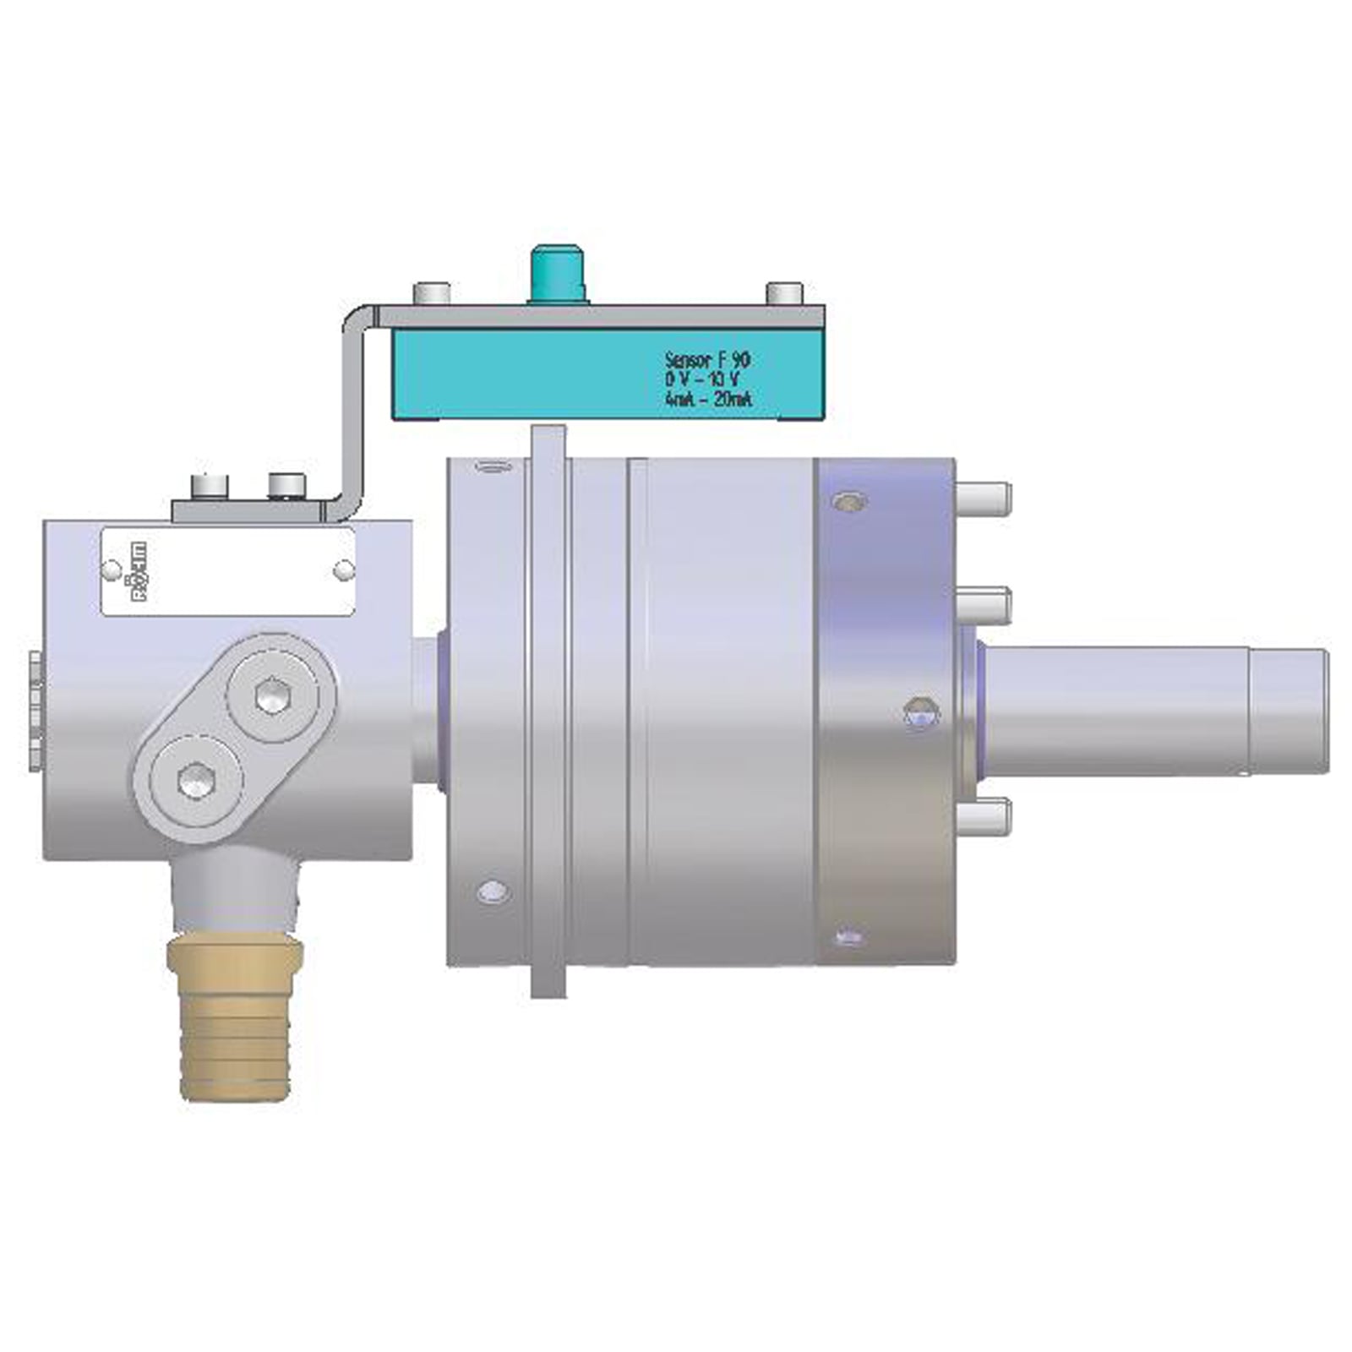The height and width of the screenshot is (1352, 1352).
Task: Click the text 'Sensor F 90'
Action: coord(707,360)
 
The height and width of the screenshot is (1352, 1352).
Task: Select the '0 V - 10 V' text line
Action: coord(701,379)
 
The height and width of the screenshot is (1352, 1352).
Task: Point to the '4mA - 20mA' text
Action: coord(708,399)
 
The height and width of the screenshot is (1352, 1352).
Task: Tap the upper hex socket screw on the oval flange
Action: coord(272,696)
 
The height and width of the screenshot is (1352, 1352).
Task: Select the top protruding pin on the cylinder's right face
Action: coord(984,497)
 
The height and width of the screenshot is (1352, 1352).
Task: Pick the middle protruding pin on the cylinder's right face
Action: coord(984,605)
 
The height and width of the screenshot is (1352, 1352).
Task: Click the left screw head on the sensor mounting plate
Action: coord(431,293)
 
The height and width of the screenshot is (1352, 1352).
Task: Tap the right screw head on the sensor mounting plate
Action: coord(783,293)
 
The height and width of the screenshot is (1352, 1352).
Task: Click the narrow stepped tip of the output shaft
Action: coord(1288,711)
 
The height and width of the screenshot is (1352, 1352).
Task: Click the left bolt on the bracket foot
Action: coord(210,487)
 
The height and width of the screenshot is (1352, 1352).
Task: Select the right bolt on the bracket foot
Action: coord(286,485)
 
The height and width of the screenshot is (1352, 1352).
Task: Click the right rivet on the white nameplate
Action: coord(343,570)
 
